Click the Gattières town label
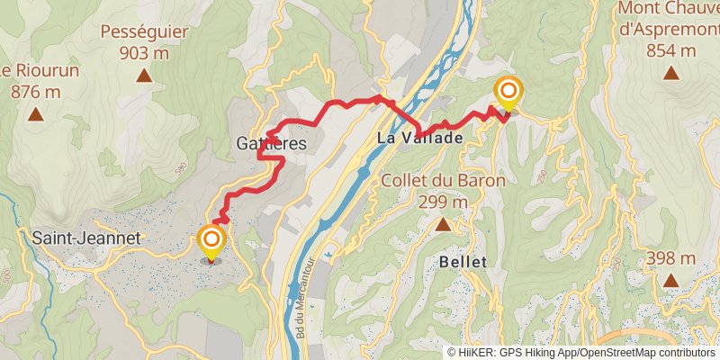pyautogui.click(x=271, y=143)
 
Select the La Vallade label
pyautogui.click(x=419, y=139)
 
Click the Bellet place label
pyautogui.click(x=463, y=261)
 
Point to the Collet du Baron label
pyautogui.click(x=443, y=180)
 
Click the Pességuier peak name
pyautogui.click(x=144, y=32)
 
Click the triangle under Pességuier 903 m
pyautogui.click(x=143, y=75)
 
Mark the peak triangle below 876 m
pyautogui.click(x=35, y=114)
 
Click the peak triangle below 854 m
pyautogui.click(x=671, y=75)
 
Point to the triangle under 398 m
pyautogui.click(x=671, y=281)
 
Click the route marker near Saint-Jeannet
pyautogui.click(x=211, y=239)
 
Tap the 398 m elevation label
pyautogui.click(x=671, y=259)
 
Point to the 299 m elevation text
pyautogui.click(x=443, y=202)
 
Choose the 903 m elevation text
pyautogui.click(x=144, y=53)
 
